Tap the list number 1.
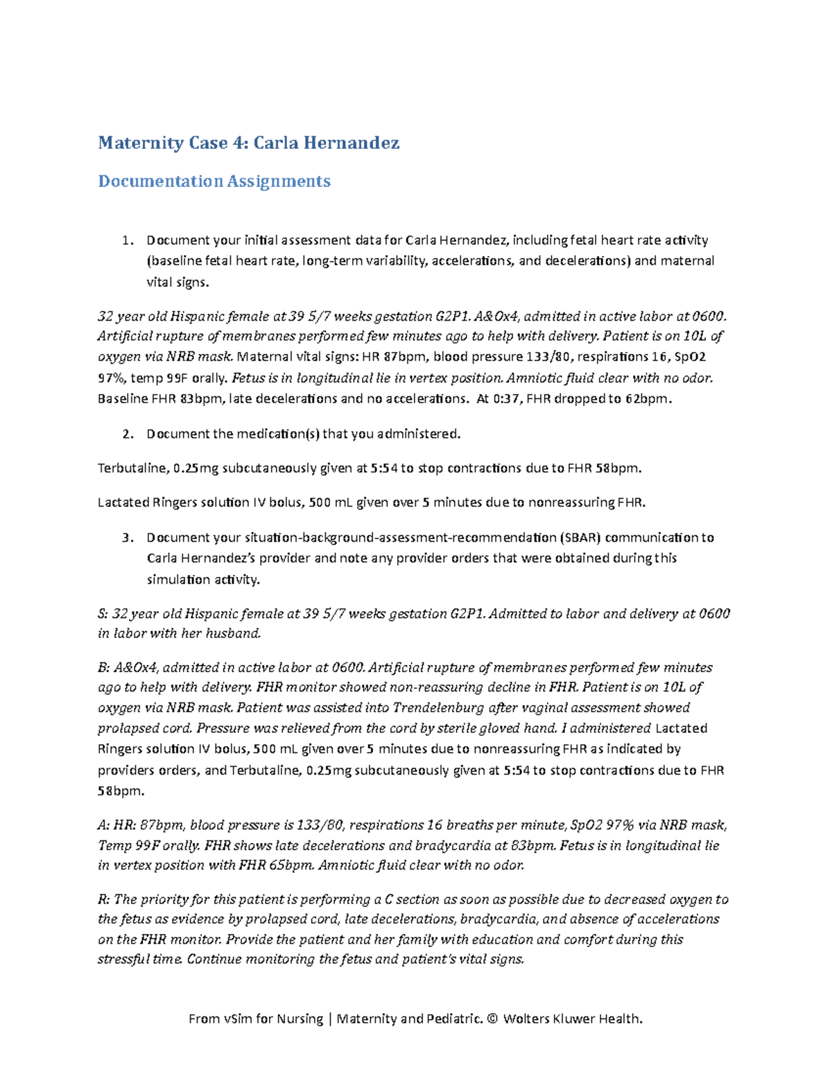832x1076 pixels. tap(126, 240)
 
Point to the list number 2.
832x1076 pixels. tap(126, 434)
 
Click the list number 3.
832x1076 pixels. tap(126, 538)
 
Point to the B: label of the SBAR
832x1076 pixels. tap(104, 668)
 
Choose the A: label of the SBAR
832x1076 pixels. tap(104, 825)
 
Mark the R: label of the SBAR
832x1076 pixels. tap(104, 900)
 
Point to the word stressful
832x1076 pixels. tap(125, 960)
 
